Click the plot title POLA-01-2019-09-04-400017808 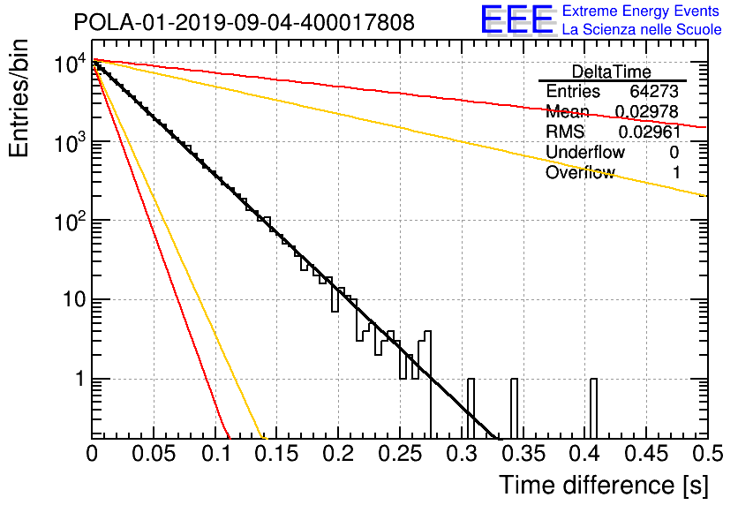(x=245, y=22)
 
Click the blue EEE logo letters (x=516, y=19)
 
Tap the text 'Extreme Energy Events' (x=641, y=11)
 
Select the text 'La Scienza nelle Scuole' (x=642, y=29)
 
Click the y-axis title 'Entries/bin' (x=19, y=99)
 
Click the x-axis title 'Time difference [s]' (x=604, y=485)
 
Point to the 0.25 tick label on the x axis (x=400, y=454)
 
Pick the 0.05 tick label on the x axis (x=154, y=454)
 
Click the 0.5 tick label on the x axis (x=706, y=454)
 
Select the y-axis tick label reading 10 (x=75, y=299)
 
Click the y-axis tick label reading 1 (x=81, y=379)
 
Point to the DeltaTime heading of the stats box (x=612, y=72)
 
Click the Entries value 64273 (x=654, y=91)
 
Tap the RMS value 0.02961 (x=650, y=132)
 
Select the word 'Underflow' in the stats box (x=585, y=152)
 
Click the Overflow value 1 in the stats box (x=676, y=172)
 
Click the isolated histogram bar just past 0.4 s (x=593, y=408)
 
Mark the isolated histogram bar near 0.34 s (x=514, y=408)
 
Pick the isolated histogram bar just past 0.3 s (x=471, y=408)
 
